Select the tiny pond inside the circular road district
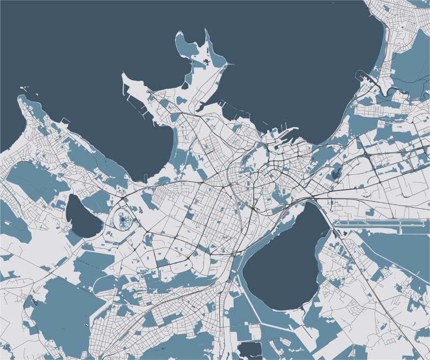coord(125,219)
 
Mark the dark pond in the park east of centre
coord(337,173)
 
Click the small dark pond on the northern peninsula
coord(206,63)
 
